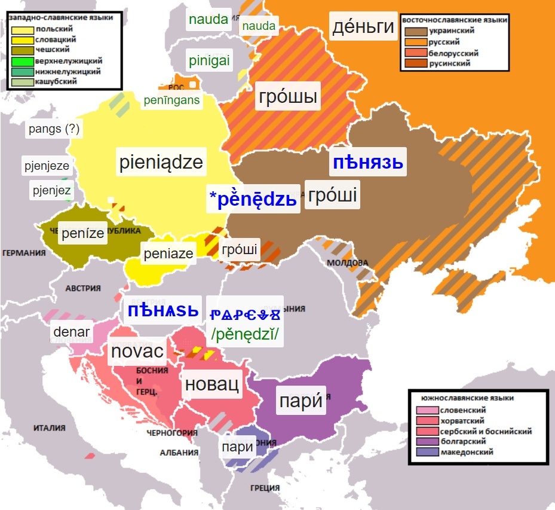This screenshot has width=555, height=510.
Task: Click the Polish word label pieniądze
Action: (x=161, y=163)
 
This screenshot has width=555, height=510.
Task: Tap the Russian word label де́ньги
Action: (x=364, y=26)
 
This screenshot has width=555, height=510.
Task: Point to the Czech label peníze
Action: (x=83, y=233)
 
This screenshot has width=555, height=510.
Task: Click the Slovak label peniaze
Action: (x=168, y=254)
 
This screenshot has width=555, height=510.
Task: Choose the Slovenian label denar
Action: (x=71, y=332)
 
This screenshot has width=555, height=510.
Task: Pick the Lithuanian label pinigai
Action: (x=209, y=60)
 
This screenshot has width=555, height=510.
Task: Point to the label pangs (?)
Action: (x=53, y=129)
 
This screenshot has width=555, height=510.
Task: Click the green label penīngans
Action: (x=171, y=100)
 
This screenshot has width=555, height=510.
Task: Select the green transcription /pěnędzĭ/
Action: (x=245, y=335)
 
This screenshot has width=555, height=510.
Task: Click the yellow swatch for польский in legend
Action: (x=22, y=29)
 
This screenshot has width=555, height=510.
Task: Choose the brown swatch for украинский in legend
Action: (x=414, y=31)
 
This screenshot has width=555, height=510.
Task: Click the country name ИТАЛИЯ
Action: (x=49, y=428)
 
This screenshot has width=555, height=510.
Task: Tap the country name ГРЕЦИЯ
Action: (x=266, y=487)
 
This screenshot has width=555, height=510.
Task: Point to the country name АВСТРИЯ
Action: (x=83, y=288)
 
